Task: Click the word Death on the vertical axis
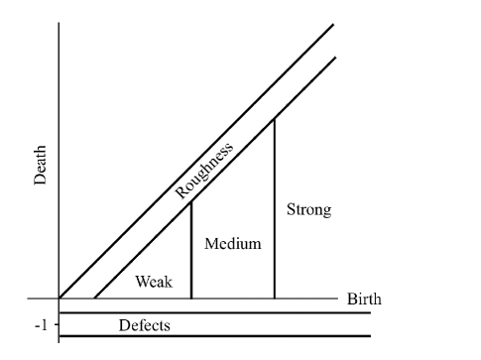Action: [40, 177]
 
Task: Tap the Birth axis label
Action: [364, 299]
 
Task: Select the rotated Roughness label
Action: [204, 170]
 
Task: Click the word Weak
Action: [154, 282]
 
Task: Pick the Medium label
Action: [232, 244]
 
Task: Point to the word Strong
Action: [308, 210]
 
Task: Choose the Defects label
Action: [145, 324]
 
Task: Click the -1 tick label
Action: [41, 323]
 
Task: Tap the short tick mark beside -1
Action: [56, 323]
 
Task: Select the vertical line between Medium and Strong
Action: [274, 218]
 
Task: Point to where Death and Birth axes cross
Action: [60, 299]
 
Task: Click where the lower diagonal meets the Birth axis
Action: [94, 299]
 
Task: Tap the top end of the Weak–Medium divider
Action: [190, 201]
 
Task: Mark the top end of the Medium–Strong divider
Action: [274, 118]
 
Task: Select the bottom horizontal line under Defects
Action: [213, 336]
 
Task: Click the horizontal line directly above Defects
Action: [213, 312]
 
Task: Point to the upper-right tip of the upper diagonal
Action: [335, 22]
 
